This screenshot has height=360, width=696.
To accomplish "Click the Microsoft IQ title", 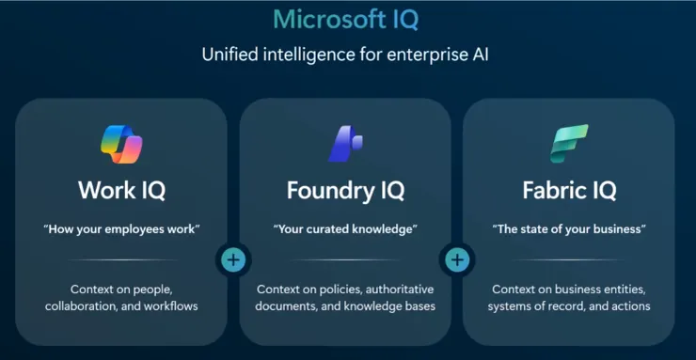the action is coord(346,20).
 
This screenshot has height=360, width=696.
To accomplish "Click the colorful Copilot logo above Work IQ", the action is coord(121,145).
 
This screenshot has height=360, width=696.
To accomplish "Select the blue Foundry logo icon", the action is coord(345,144).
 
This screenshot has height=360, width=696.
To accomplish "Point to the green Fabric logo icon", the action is coord(569,144).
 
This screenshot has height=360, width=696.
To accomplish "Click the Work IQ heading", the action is coord(121,191).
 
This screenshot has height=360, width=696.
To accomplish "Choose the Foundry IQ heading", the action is coord(345,191).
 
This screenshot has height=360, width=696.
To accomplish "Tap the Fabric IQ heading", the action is coord(569,191).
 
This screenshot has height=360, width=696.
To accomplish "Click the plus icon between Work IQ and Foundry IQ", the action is coord(233,259).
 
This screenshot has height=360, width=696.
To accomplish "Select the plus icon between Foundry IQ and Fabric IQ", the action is coord(457,259).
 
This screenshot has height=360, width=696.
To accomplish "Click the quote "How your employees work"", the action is coord(121,229).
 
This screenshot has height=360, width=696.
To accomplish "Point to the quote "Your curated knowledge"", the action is coord(345,229).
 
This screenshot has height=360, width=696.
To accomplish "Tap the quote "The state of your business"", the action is coord(569,229).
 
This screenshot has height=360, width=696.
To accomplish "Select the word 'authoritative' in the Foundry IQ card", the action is coord(400,290).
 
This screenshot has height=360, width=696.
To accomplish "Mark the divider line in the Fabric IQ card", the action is coord(569,259).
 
